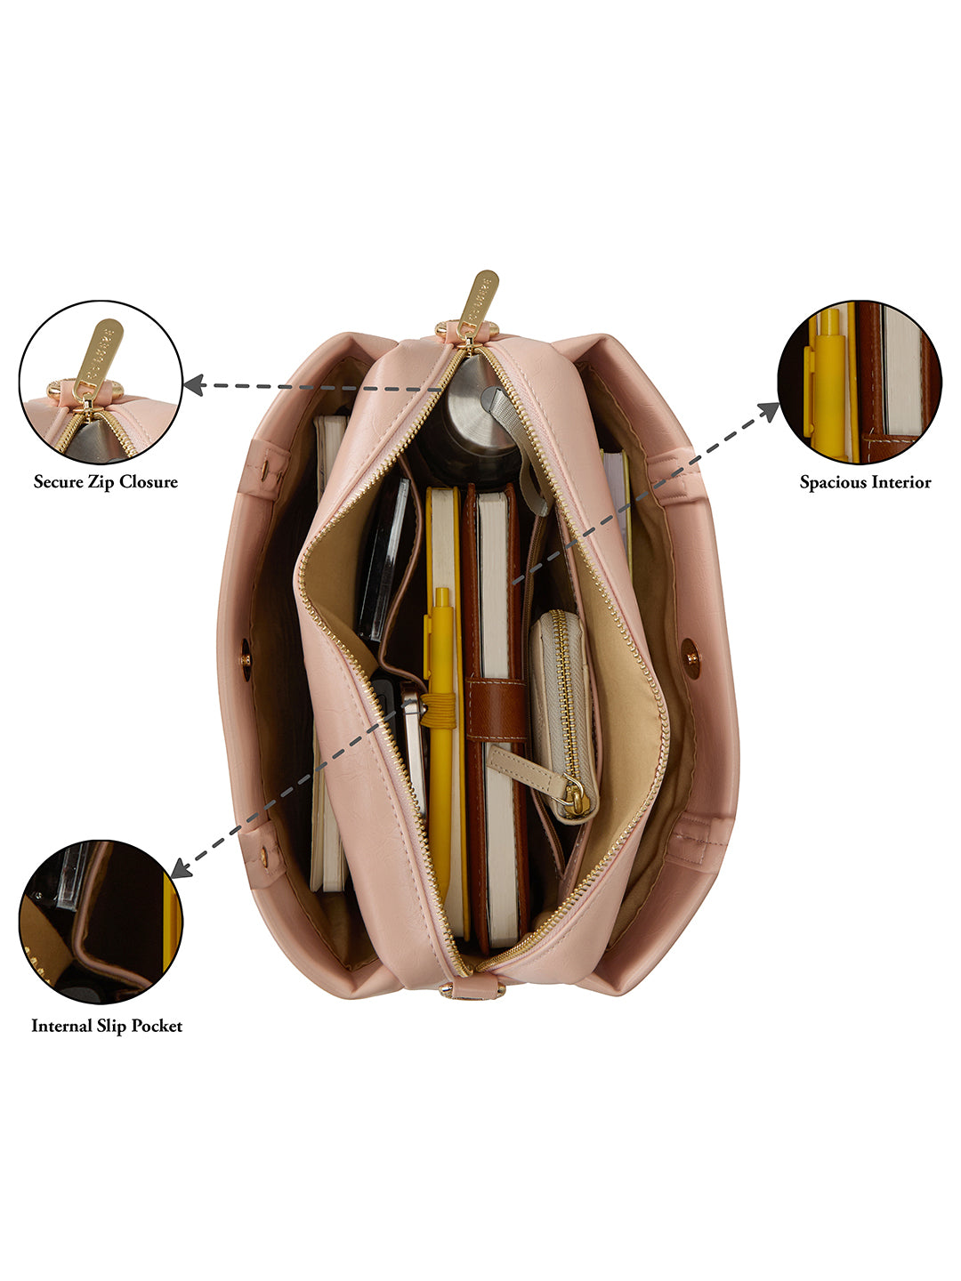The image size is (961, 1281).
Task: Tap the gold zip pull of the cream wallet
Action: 577,804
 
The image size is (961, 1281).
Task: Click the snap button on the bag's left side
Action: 246,660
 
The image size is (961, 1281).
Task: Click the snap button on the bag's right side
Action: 690,657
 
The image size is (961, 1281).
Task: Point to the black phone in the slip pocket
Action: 384,560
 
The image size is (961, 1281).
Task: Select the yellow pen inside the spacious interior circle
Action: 828,383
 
